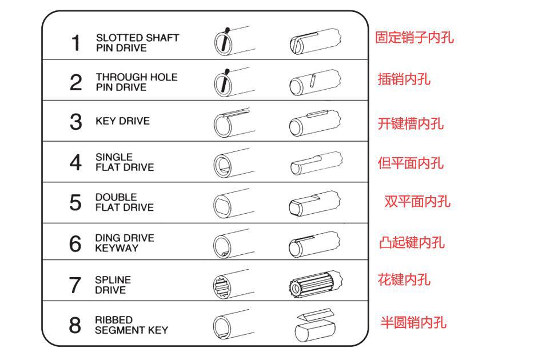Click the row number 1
click(75, 43)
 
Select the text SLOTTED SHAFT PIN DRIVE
click(137, 43)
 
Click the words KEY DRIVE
click(122, 121)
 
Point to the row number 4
click(75, 163)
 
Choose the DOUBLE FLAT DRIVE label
click(124, 202)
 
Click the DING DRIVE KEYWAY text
click(124, 243)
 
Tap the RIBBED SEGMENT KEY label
click(131, 325)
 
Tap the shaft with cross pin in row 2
click(315, 82)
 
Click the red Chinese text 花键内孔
click(404, 280)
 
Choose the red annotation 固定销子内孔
click(414, 38)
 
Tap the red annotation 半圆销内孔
click(413, 322)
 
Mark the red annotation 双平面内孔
click(417, 201)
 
